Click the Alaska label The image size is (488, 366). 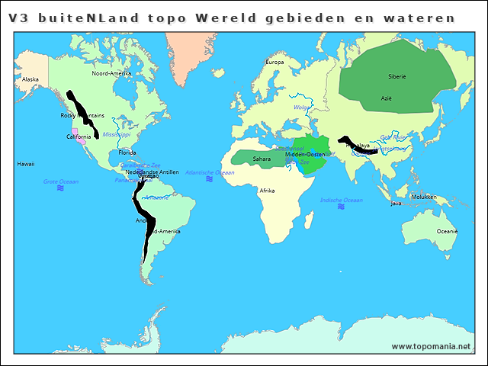30,79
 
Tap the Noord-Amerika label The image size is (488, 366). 111,74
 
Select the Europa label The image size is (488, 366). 274,63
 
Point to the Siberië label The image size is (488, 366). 397,76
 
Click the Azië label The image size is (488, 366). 387,98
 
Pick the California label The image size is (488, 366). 79,137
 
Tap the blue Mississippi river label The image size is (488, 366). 117,134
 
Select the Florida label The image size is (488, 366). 127,152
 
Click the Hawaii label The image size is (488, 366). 27,164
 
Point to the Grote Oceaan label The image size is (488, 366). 60,181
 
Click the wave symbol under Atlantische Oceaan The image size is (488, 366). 210,181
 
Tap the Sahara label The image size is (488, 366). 262,159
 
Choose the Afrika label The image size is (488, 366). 267,191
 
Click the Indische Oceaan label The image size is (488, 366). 340,200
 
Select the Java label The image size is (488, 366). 396,204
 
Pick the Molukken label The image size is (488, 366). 424,197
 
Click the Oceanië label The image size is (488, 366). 447,231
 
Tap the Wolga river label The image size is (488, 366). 302,108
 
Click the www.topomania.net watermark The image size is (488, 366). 431,346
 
